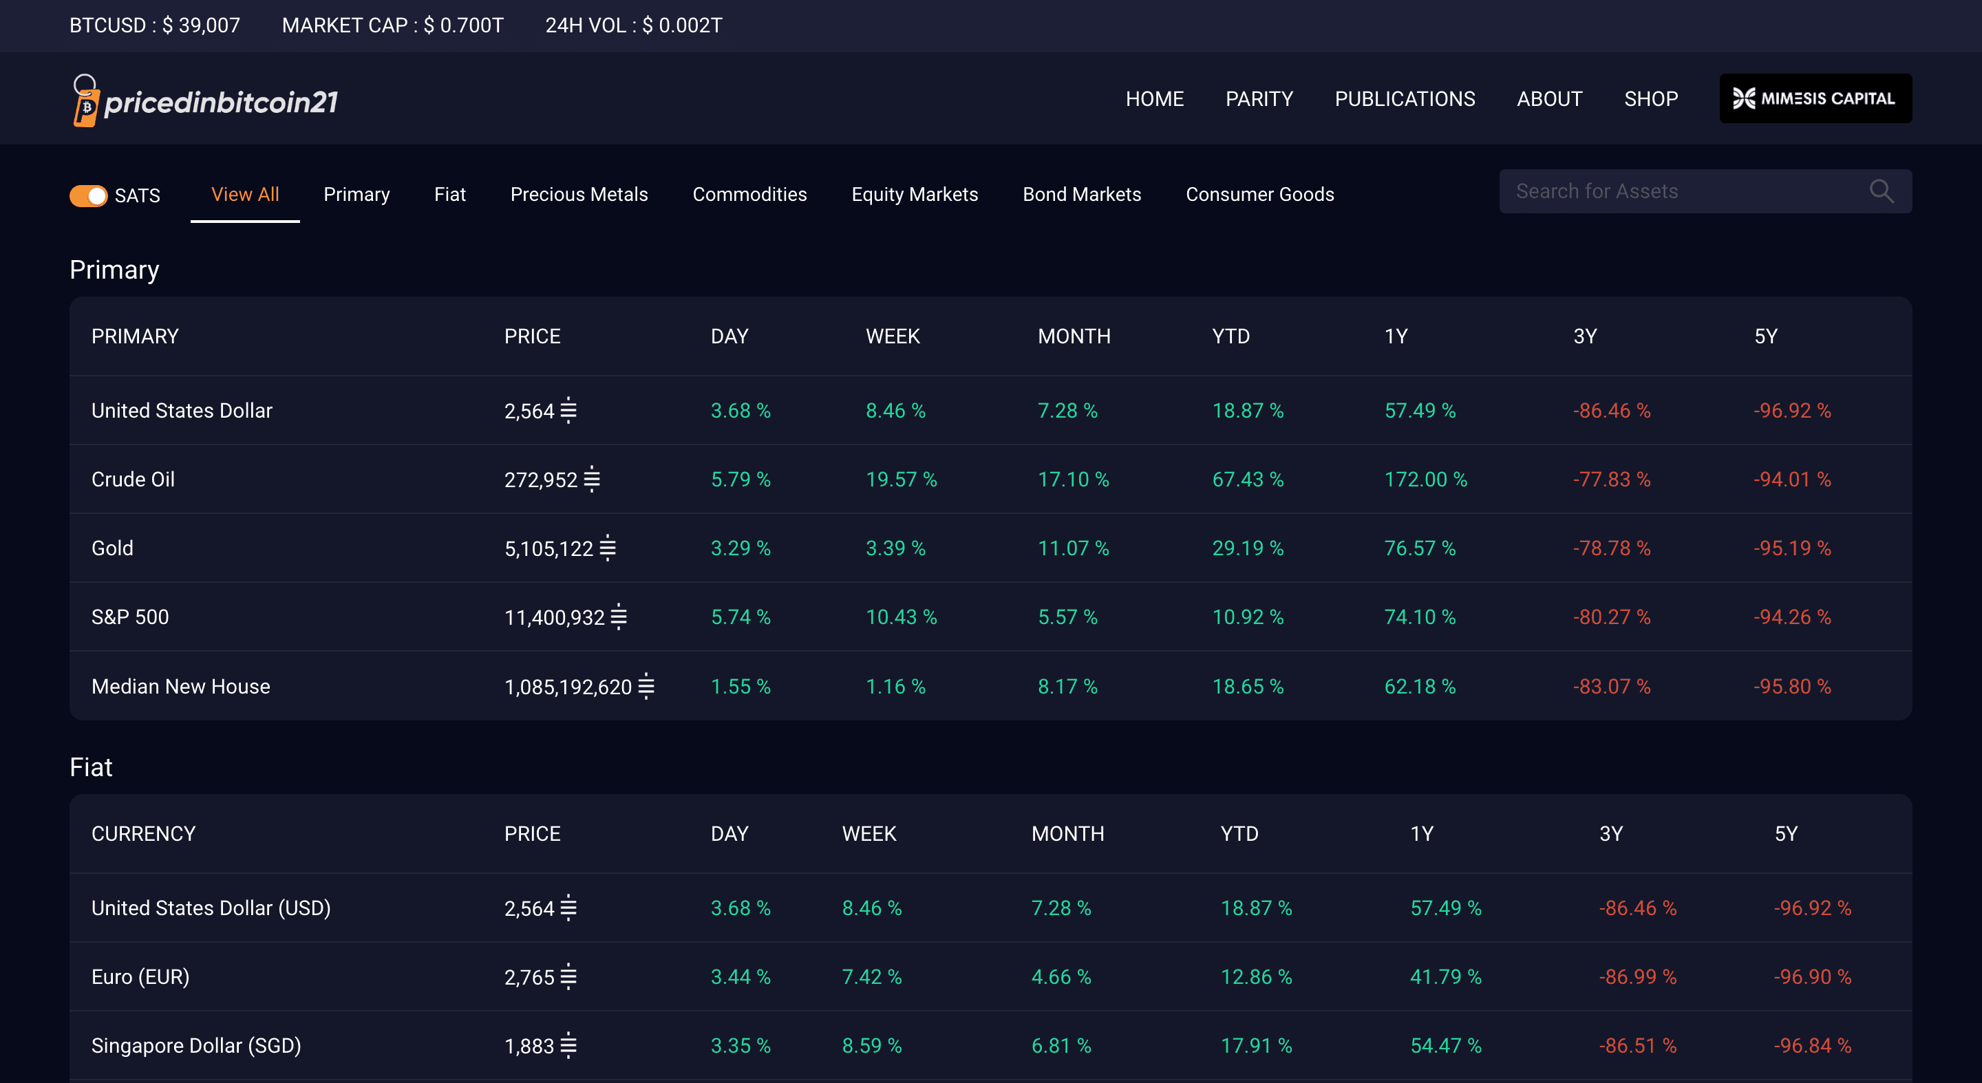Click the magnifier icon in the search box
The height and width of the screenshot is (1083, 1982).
[1882, 191]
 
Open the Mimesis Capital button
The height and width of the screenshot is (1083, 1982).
[1815, 98]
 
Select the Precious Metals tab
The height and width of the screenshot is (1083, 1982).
[579, 195]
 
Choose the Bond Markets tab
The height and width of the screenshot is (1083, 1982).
[1082, 195]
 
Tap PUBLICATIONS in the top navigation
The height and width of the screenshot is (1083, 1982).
[1404, 99]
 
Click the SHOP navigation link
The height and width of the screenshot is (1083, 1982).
[1650, 99]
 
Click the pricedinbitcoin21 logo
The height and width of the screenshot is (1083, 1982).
[204, 100]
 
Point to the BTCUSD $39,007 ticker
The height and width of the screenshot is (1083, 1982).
[155, 25]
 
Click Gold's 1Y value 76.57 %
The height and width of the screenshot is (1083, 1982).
[1420, 548]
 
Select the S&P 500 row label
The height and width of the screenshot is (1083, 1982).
[130, 617]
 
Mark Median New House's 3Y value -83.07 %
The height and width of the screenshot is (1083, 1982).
[1611, 686]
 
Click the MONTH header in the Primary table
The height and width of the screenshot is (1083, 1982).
[1074, 336]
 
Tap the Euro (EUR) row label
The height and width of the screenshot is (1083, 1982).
[140, 977]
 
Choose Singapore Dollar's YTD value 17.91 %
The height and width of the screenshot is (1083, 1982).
[1256, 1045]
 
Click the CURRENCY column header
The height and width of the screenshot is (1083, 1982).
[143, 834]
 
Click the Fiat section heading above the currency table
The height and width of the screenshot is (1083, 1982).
[91, 767]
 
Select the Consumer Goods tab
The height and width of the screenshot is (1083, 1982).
[1259, 195]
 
